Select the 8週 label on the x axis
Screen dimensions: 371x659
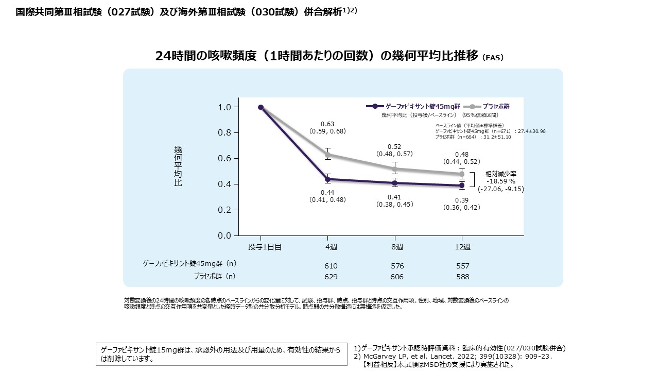pos(397,247)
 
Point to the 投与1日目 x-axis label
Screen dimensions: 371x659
pos(265,247)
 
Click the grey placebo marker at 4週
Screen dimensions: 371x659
pos(327,154)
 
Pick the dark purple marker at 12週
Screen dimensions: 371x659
pos(462,185)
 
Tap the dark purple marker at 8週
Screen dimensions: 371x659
pos(395,182)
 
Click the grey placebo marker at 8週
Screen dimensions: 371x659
pos(395,168)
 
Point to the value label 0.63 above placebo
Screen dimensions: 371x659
pos(327,124)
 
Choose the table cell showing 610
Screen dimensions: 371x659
pos(331,266)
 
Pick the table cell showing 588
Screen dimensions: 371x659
pos(463,277)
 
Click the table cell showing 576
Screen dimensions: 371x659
pos(397,266)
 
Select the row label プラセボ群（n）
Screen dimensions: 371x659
pos(214,276)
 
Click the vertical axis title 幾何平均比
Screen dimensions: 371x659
pos(178,166)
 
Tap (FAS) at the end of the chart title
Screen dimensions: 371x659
pos(493,58)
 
